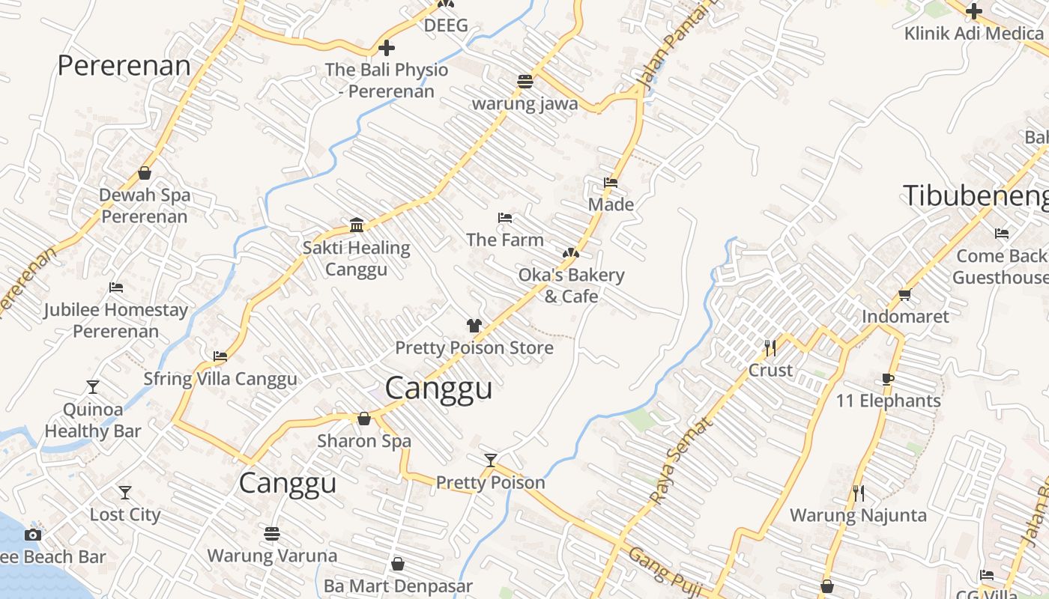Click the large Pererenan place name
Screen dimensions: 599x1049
(x=124, y=66)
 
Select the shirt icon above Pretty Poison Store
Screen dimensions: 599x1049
(x=474, y=326)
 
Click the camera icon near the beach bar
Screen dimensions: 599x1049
(x=32, y=535)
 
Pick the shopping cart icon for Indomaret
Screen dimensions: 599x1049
(x=904, y=294)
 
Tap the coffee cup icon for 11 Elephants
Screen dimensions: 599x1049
(x=888, y=379)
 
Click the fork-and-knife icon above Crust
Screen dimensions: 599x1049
(x=770, y=347)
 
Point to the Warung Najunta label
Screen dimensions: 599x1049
(x=858, y=515)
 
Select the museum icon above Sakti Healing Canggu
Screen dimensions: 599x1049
(x=357, y=225)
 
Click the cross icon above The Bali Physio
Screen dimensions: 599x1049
(x=386, y=49)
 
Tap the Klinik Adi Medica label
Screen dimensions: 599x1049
(x=973, y=34)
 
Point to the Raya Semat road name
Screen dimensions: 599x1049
(x=681, y=460)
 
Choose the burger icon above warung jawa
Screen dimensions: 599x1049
(x=524, y=82)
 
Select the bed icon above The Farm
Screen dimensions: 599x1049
(x=505, y=218)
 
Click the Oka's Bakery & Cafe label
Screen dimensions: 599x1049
(x=571, y=285)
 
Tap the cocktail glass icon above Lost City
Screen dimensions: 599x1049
(x=125, y=493)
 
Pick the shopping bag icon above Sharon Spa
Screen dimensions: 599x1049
(x=364, y=419)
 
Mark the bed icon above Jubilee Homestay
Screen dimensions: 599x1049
(x=115, y=288)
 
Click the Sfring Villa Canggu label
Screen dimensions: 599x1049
(x=220, y=379)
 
